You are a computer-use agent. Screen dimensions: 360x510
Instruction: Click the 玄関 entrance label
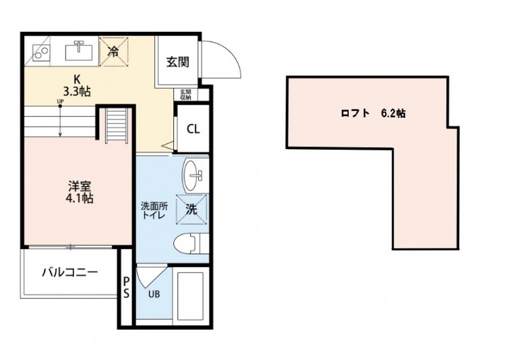(x=177, y=62)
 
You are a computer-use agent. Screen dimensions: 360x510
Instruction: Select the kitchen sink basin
(x=80, y=48)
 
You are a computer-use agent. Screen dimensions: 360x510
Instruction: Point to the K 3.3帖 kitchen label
(x=77, y=85)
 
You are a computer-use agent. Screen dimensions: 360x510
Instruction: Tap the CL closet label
(x=193, y=128)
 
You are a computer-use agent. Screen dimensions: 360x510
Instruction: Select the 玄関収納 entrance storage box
(x=186, y=94)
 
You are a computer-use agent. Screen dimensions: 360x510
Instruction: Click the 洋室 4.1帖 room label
(x=80, y=192)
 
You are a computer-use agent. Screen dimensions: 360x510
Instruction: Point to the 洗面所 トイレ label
(x=153, y=210)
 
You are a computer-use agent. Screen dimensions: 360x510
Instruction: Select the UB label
(x=154, y=294)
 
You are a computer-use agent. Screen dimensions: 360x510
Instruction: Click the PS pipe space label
(x=126, y=287)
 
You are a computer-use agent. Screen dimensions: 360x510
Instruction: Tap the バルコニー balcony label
(x=69, y=273)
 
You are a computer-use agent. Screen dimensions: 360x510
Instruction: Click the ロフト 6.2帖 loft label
(x=372, y=115)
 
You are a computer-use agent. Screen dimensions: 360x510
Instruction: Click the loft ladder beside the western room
(x=115, y=127)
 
